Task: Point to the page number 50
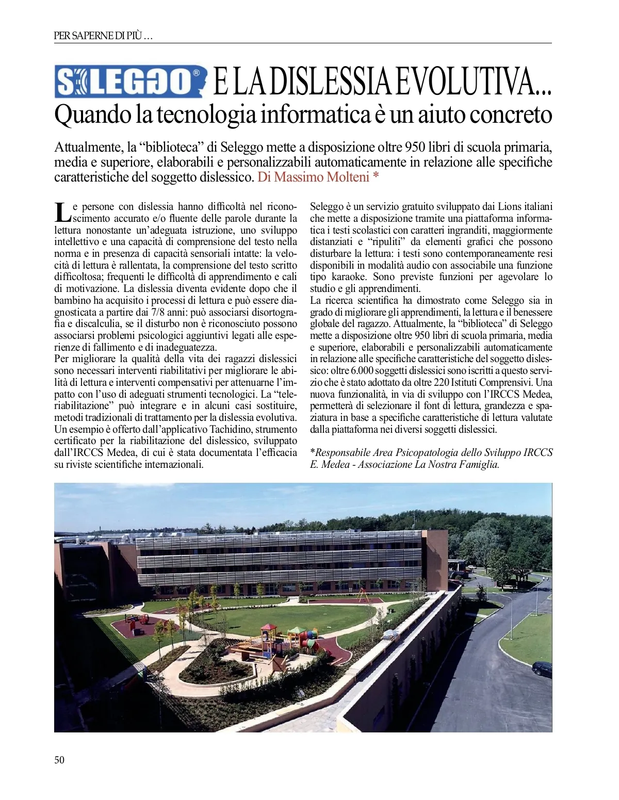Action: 59,759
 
